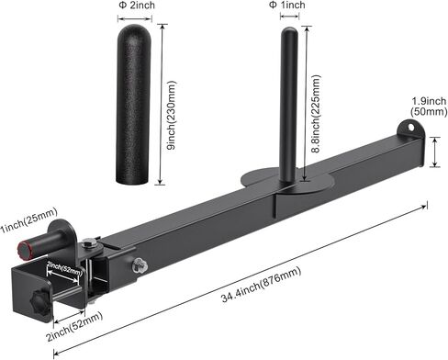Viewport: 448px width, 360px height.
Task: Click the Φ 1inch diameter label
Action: click(x=287, y=6)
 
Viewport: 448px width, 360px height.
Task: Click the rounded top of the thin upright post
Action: click(x=288, y=32)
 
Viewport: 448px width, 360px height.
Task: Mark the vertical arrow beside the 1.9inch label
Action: click(x=435, y=152)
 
